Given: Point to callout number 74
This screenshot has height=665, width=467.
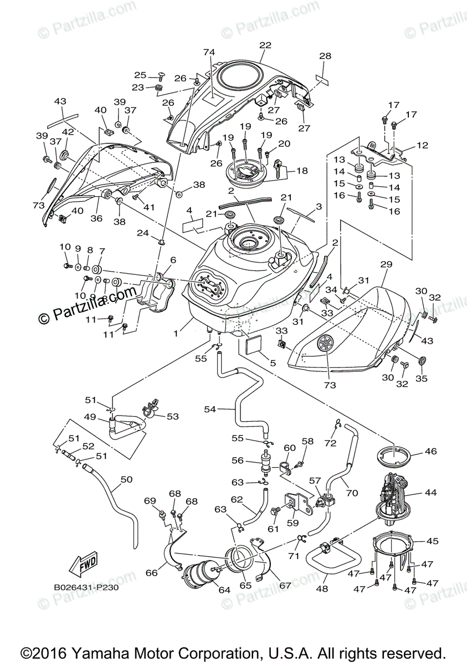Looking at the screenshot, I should coord(208,52).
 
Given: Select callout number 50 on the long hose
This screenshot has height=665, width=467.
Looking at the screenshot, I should coord(127,479).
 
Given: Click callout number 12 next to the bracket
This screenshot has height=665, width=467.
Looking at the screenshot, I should coord(423,145).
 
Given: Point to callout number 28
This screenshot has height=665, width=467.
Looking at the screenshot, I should coord(325,56).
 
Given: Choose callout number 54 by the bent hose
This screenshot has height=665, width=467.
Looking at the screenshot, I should coord(210,410).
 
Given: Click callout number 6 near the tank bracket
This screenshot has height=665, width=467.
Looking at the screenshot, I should coord(173,260).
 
